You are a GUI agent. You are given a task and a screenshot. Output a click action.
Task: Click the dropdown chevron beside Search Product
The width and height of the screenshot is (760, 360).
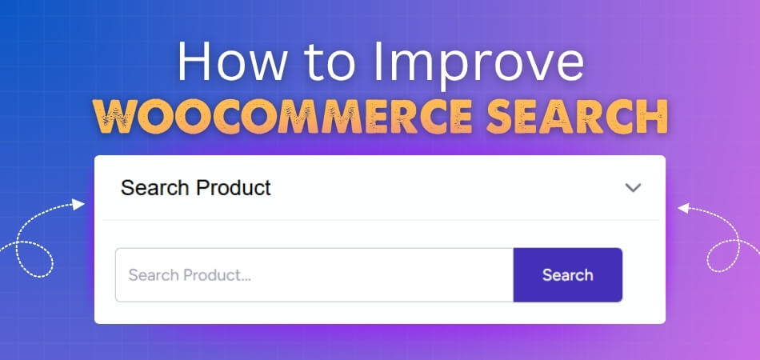point(633,188)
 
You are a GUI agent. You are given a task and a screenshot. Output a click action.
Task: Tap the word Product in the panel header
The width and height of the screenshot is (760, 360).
point(232,188)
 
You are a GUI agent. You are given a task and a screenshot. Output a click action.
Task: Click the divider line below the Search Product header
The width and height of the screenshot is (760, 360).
point(380,219)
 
